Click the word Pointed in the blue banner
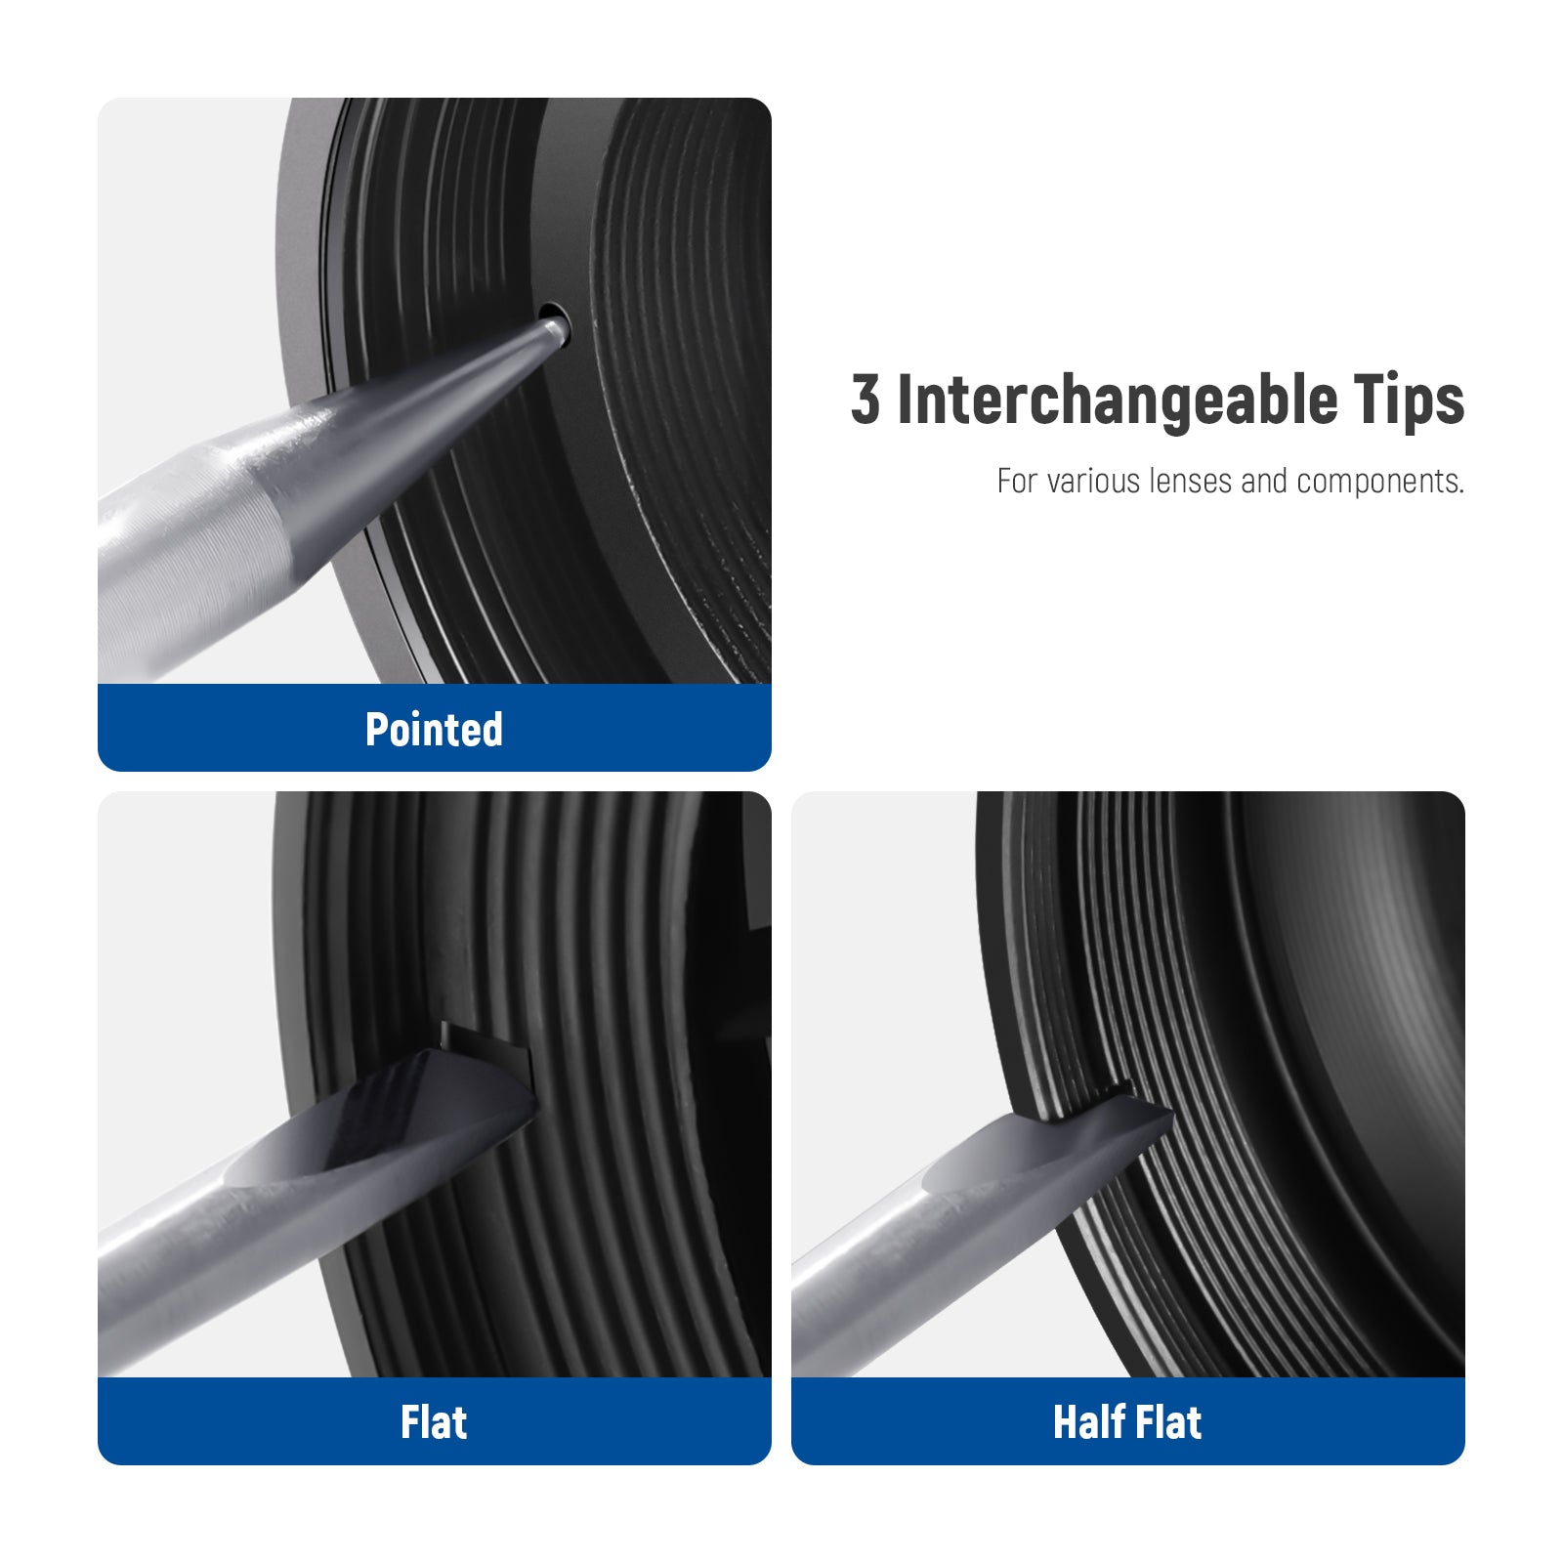(x=434, y=730)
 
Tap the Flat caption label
(x=434, y=1422)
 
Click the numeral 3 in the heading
(x=865, y=400)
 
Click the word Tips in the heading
(x=1410, y=401)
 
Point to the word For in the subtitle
(x=1017, y=481)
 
